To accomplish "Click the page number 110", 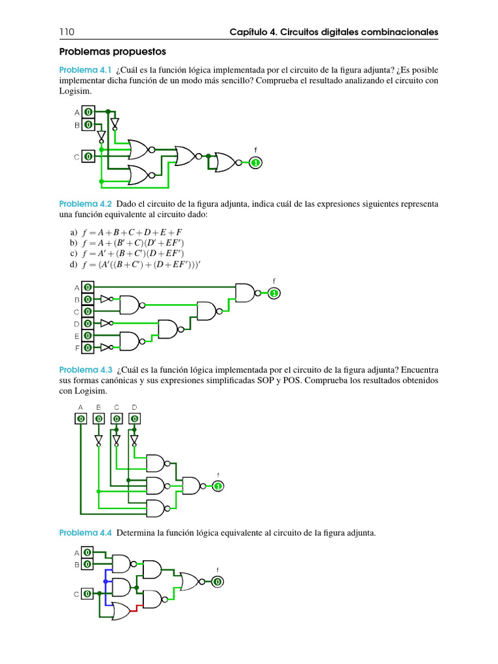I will pyautogui.click(x=67, y=32).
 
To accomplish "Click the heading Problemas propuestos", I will pyautogui.click(x=113, y=51).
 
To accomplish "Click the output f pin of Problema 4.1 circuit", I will pyautogui.click(x=255, y=162).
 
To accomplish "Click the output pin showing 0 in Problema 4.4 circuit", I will pyautogui.click(x=217, y=582).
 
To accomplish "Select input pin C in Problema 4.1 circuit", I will pyautogui.click(x=88, y=156).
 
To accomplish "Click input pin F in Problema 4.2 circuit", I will pyautogui.click(x=88, y=348).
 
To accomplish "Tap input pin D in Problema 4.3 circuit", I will pyautogui.click(x=134, y=418).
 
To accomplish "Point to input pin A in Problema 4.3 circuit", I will pyautogui.click(x=80, y=418).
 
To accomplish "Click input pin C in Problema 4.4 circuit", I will pyautogui.click(x=87, y=593).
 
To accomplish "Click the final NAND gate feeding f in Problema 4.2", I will pyautogui.click(x=246, y=293).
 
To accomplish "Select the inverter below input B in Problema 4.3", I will pyautogui.click(x=99, y=440).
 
